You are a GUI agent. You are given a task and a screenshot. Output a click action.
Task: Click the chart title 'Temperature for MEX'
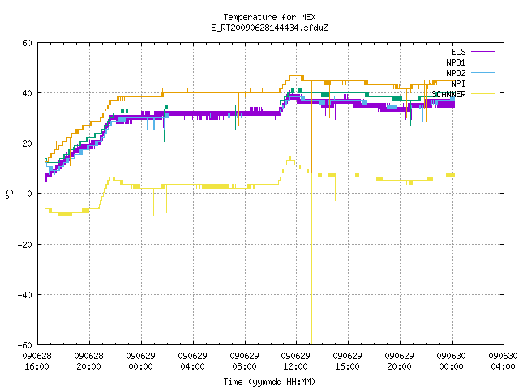point(269,17)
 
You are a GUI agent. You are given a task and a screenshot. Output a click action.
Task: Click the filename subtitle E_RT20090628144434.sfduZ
point(269,28)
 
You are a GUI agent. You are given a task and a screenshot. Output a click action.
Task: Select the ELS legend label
point(458,52)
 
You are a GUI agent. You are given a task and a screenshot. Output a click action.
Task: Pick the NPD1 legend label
point(456,62)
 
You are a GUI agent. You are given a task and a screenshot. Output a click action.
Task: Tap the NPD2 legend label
point(456,73)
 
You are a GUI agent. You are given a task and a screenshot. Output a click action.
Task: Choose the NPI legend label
point(458,83)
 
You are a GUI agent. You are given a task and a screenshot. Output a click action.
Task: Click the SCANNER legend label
point(448,94)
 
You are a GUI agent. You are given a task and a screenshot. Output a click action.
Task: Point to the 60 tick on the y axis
point(27,43)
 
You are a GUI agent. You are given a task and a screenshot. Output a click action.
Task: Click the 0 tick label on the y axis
point(30,194)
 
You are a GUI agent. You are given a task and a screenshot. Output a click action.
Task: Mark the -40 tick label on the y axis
point(25,295)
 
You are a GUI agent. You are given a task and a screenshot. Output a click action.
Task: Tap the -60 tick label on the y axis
point(25,345)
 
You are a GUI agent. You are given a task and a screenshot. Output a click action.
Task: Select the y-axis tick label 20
point(27,143)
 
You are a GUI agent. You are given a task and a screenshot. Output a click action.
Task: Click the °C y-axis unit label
point(9,194)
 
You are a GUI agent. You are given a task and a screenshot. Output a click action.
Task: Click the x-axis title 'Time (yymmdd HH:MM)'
point(269,382)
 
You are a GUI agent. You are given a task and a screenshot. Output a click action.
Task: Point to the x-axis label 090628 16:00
point(37,361)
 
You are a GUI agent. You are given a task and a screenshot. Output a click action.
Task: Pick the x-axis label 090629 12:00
point(295,361)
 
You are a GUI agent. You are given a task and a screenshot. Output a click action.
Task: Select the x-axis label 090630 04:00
point(503,361)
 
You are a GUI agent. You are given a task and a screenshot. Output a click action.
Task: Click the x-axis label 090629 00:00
point(140,361)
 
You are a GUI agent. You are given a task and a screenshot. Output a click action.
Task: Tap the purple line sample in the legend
point(483,52)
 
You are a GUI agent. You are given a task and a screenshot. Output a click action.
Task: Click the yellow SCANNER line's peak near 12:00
point(290,157)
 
